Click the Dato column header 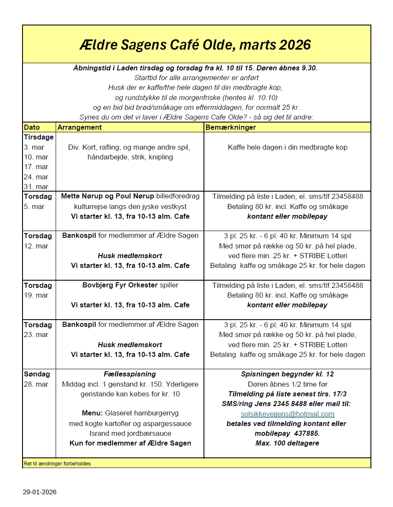pos(32,127)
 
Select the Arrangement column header pos(79,127)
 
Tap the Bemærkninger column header pos(231,127)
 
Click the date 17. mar pos(36,167)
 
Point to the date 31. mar pos(36,187)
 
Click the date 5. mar pos(34,207)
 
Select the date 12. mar pos(36,246)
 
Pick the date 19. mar pos(36,295)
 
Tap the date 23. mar pos(36,334)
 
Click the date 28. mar pos(36,384)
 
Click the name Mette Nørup pos(82,197)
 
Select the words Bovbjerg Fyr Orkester pos(120,285)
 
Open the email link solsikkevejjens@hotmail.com pos(288,414)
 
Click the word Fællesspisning pos(130,374)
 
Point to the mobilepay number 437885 pos(308,434)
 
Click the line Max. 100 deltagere pos(287,443)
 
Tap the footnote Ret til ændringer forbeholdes pos(57,464)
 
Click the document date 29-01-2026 pos(40,492)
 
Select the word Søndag pos(37,374)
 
